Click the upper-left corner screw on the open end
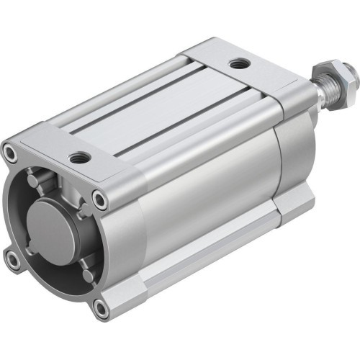[11, 151]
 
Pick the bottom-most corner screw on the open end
[101, 310]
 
